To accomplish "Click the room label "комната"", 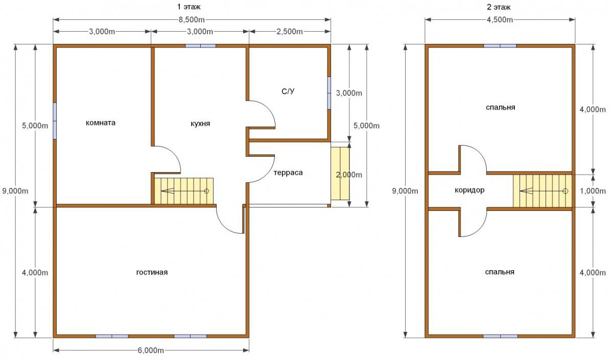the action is coord(101,123).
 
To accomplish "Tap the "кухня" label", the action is coord(200,124).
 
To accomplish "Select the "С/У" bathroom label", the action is coord(288,91).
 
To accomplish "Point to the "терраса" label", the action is coord(288,173).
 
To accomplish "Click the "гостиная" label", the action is coord(152,273).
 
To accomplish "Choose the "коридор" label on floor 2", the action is coord(469,190).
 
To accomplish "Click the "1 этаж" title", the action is coord(189,7).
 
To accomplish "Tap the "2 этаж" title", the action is coord(499,7).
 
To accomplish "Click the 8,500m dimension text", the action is coord(192,20).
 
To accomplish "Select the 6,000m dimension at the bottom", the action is coord(151,350).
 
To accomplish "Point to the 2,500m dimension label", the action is coord(290,32).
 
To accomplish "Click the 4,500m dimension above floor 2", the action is coord(500,20).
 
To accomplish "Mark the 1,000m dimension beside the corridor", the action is coord(593,191).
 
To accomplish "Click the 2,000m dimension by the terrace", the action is coord(349,175).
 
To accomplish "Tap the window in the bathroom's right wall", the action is coord(329,93).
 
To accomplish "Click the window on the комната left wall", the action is coord(55,121).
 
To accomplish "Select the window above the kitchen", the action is coord(201,46).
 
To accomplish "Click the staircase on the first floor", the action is coord(184,191).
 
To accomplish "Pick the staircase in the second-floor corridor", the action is coord(543,191).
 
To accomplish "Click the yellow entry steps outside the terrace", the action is coord(340,174).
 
